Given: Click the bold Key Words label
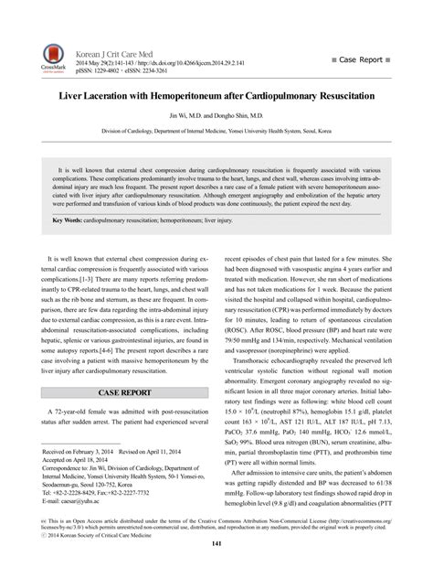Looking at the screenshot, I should pyautogui.click(x=71, y=220).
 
